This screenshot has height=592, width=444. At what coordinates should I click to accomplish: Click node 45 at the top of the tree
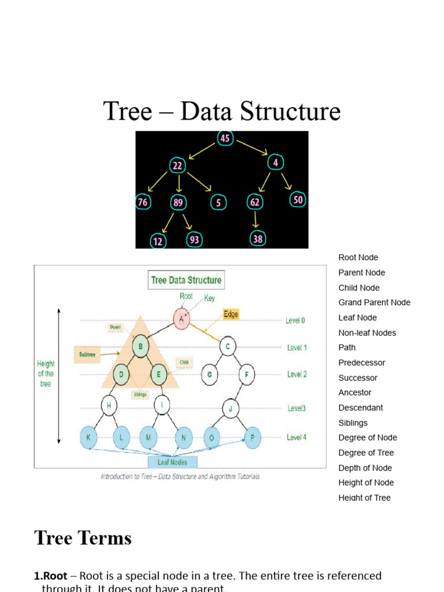(225, 138)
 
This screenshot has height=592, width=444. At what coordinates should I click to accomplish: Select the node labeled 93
(194, 239)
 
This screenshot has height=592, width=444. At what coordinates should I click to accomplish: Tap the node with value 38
(257, 238)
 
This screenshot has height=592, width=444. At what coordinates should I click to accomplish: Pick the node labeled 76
(142, 202)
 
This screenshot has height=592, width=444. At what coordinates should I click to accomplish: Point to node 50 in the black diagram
(298, 199)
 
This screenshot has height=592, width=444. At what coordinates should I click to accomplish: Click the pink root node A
(182, 317)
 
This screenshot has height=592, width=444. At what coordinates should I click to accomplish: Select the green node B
(140, 347)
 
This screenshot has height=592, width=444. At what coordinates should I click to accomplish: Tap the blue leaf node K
(88, 438)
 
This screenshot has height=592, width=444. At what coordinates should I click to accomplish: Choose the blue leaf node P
(252, 438)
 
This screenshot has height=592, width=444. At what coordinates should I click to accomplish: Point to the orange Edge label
(231, 314)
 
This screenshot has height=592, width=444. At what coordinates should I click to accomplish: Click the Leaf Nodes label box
(172, 462)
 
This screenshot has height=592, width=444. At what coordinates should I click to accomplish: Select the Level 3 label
(297, 408)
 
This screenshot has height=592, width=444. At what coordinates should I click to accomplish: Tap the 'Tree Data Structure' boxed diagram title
(186, 280)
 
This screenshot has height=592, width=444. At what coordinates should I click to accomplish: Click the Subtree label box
(87, 354)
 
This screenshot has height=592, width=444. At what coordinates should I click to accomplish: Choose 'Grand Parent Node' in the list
(374, 302)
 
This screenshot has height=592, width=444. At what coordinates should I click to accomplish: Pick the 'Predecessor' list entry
(361, 362)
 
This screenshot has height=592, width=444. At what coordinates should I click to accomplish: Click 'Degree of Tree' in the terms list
(366, 453)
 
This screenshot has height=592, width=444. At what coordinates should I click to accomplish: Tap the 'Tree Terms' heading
(83, 538)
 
